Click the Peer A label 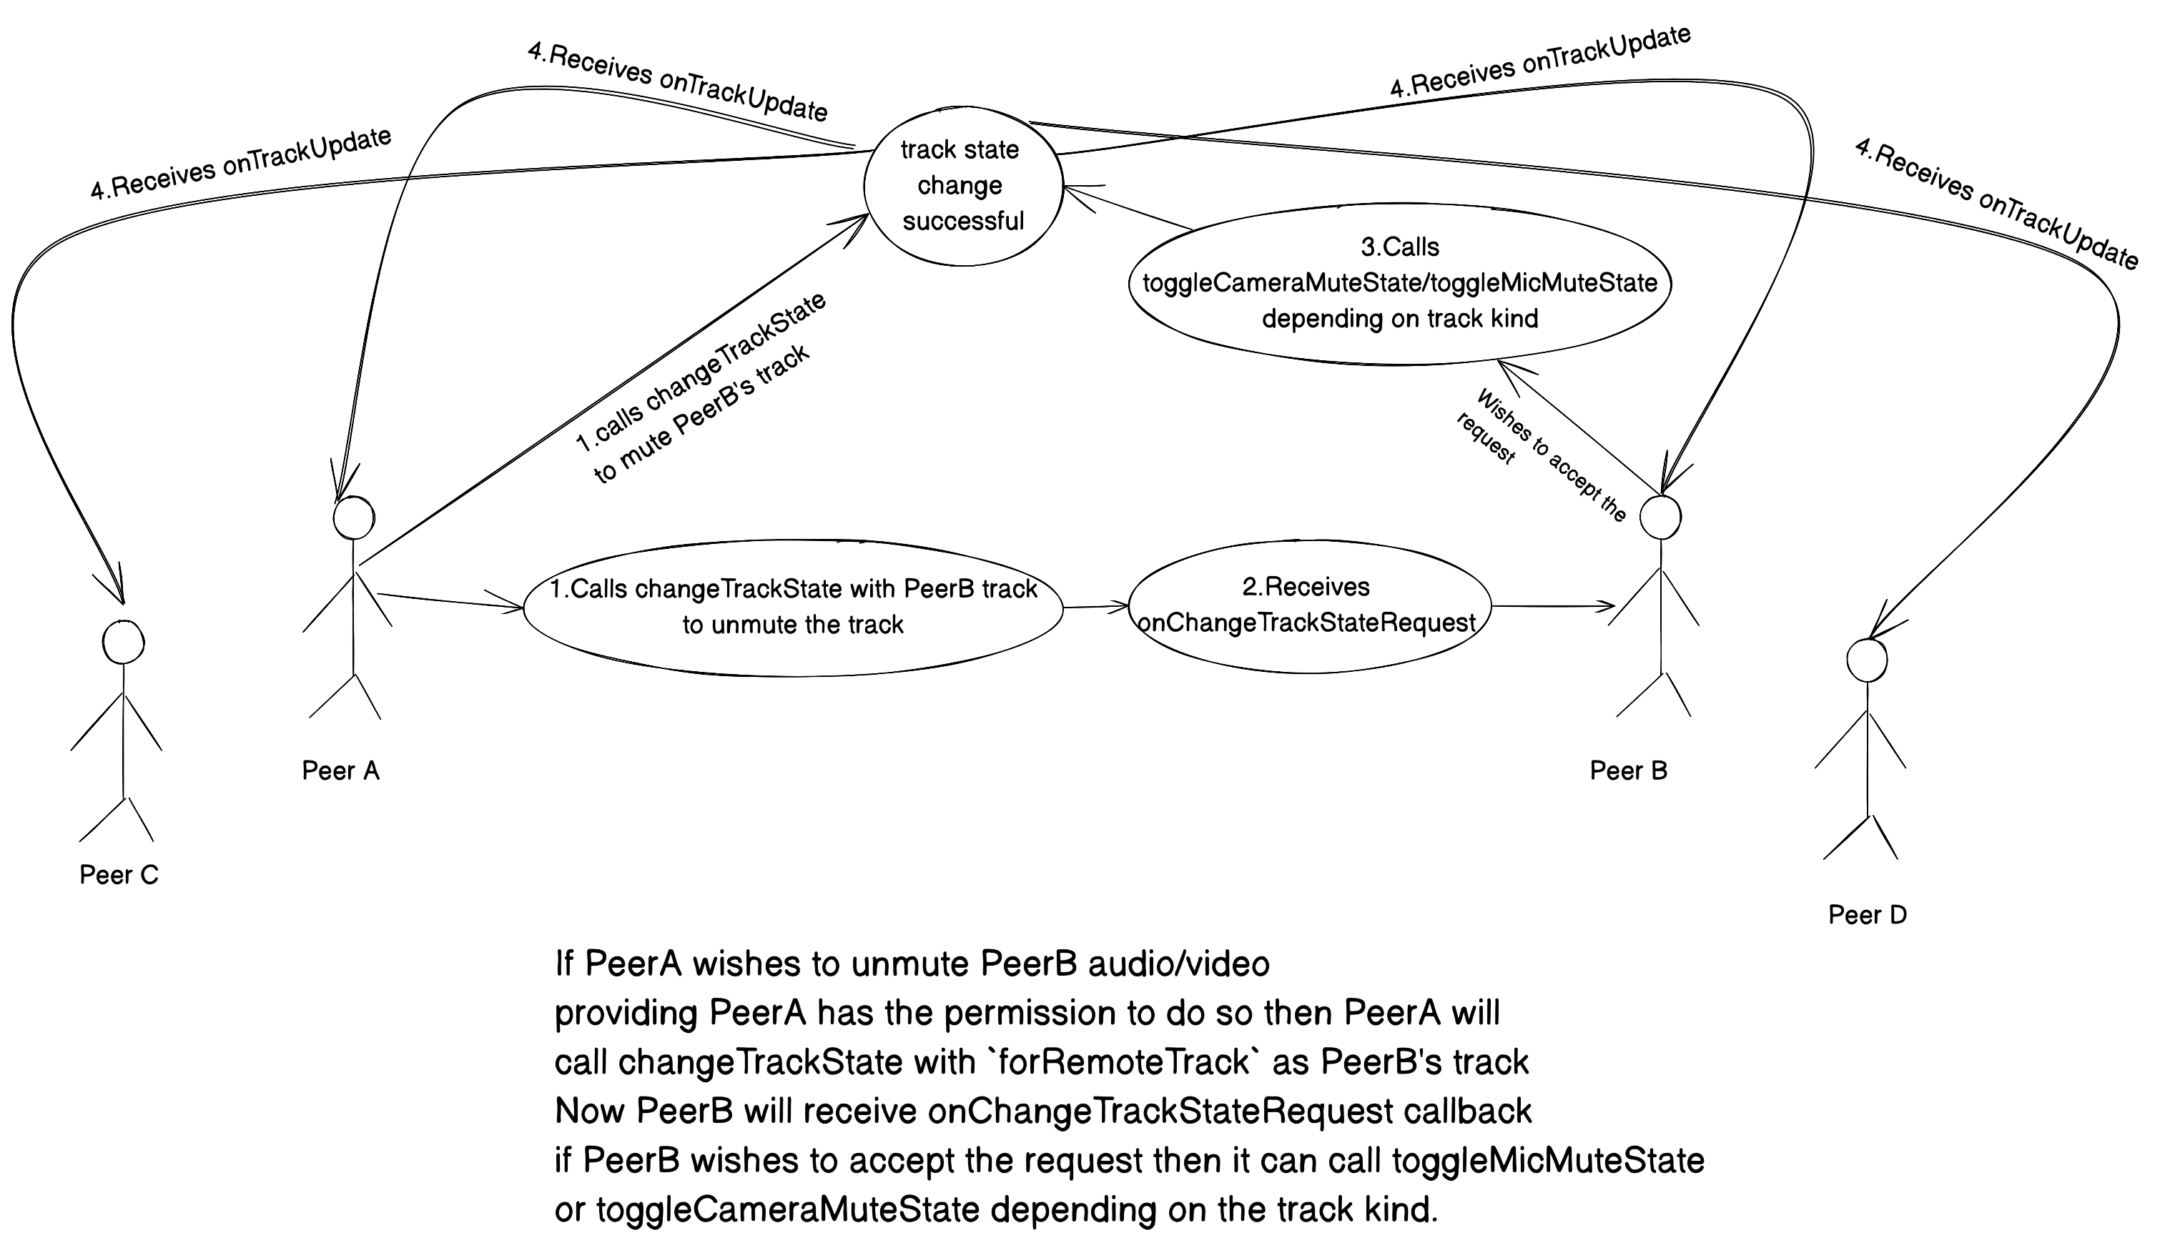click(340, 771)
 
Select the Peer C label click(119, 875)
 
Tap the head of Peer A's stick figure click(354, 518)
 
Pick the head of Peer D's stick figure click(1866, 660)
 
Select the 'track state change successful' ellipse click(962, 185)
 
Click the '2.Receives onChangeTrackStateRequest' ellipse click(1309, 605)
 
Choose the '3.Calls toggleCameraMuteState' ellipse click(1400, 284)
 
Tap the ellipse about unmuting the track click(793, 607)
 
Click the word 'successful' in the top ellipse click(963, 221)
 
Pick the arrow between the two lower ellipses click(1096, 607)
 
